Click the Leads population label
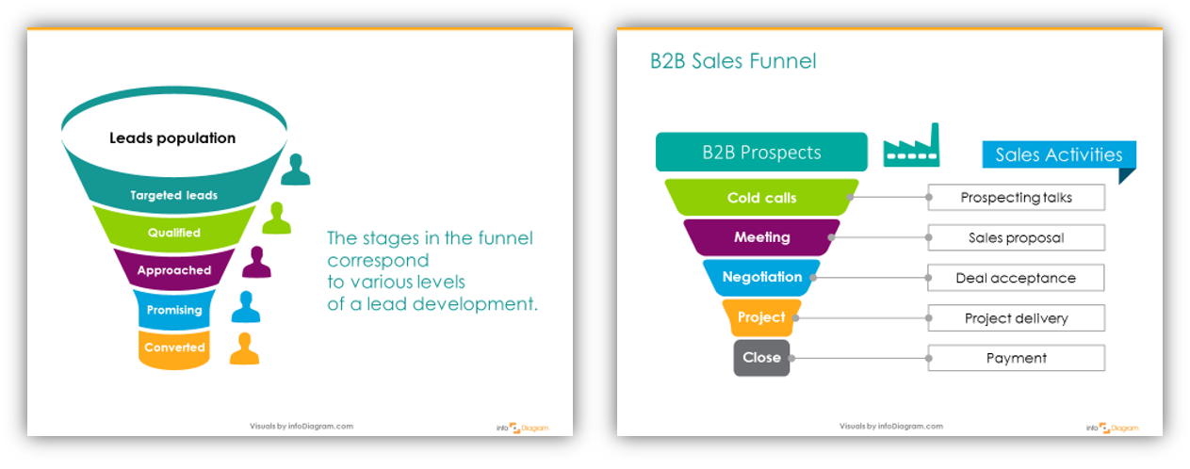click(172, 137)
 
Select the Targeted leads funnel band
click(174, 195)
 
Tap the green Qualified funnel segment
click(174, 232)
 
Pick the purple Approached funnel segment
click(174, 270)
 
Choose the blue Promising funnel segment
click(174, 310)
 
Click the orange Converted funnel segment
click(174, 348)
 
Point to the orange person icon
click(244, 348)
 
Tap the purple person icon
click(255, 263)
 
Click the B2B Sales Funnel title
click(733, 62)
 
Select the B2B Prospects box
click(761, 153)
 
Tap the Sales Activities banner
click(1058, 155)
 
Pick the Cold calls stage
click(761, 198)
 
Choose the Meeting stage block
click(761, 237)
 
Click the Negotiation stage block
click(761, 277)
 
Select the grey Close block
click(761, 358)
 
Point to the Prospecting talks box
click(1016, 198)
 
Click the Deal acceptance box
click(1016, 278)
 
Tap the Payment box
click(1016, 358)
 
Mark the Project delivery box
click(1016, 318)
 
